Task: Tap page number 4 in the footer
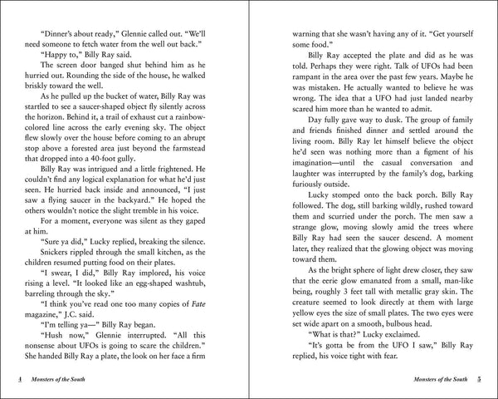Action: (21, 381)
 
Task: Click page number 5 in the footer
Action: (478, 381)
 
